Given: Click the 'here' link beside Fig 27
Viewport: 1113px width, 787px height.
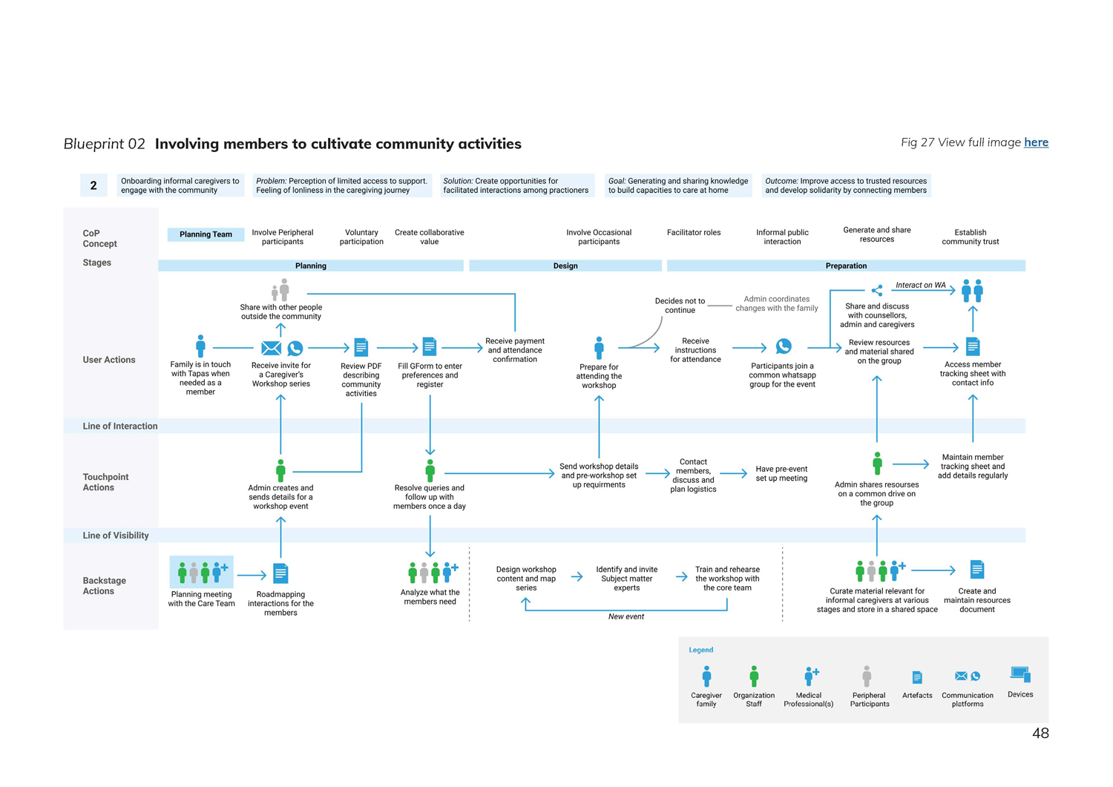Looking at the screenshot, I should point(1036,142).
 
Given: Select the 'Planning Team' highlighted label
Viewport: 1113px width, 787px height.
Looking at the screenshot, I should point(206,234).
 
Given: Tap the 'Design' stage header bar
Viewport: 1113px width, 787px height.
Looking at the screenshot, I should point(565,266).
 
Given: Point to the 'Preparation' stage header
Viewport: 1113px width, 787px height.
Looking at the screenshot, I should point(846,266).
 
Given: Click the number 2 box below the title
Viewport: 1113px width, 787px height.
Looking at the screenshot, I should point(93,185).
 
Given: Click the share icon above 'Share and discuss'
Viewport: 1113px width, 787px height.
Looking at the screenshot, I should point(877,291).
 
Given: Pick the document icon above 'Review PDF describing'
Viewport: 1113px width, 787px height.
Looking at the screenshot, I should point(361,347).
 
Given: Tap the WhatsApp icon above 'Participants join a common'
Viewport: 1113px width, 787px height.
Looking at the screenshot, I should point(783,346).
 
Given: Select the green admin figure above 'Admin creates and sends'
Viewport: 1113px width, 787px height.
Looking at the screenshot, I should point(280,470).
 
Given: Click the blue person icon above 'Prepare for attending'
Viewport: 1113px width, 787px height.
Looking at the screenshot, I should point(599,347).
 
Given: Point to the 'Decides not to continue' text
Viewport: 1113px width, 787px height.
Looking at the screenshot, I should point(680,306).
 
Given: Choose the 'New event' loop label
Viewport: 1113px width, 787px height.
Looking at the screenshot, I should point(626,616).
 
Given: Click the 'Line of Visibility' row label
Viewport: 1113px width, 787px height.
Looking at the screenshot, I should point(116,536).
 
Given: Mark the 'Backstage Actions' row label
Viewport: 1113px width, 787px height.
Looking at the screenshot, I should point(104,586).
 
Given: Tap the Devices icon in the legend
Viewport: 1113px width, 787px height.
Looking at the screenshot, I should point(1020,675).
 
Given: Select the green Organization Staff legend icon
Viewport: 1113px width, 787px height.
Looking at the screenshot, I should point(754,676).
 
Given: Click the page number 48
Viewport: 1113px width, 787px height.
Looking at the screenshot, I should point(1040,734).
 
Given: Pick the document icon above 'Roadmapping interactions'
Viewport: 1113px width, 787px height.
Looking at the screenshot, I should point(280,573).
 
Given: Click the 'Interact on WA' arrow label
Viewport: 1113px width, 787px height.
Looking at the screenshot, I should point(920,285).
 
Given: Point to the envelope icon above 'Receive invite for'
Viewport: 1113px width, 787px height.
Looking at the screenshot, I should point(271,348).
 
